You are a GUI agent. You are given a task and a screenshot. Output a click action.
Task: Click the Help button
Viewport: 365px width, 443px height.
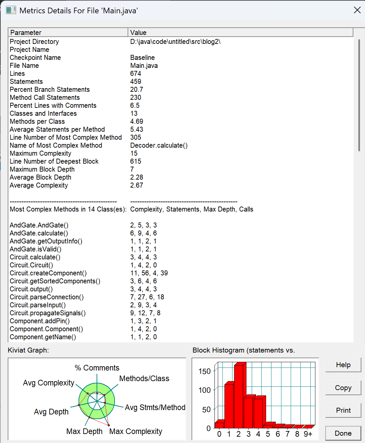coord(343,365)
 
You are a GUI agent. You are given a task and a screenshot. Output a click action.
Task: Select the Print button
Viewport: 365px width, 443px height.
coord(343,410)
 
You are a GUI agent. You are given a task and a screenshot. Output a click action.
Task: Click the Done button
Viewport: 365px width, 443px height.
coord(343,433)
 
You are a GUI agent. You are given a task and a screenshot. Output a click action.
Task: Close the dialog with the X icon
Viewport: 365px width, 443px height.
coord(357,10)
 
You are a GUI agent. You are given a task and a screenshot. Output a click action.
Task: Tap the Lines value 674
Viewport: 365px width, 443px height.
coord(136,74)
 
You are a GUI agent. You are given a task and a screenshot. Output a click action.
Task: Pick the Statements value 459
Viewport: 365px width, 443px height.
coord(136,81)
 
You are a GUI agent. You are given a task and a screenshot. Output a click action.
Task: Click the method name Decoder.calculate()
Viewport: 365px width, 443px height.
coord(159,145)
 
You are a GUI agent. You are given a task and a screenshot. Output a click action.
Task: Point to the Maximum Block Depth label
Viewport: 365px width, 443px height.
coord(42,169)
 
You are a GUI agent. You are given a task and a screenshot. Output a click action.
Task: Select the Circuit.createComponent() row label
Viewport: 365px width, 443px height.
coord(48,273)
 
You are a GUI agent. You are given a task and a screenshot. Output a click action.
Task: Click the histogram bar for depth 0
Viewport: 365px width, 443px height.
coord(219,424)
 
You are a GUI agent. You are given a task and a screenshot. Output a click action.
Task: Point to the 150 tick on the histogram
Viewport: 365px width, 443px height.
coord(204,371)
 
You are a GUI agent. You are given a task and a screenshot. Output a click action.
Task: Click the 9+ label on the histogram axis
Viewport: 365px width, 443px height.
coord(308,434)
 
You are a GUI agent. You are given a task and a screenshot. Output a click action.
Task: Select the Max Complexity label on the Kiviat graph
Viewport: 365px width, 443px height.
coord(136,431)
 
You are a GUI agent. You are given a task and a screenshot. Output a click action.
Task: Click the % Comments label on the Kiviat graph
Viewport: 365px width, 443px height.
coord(97,368)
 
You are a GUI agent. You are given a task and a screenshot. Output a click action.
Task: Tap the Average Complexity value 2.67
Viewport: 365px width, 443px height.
coord(137,185)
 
